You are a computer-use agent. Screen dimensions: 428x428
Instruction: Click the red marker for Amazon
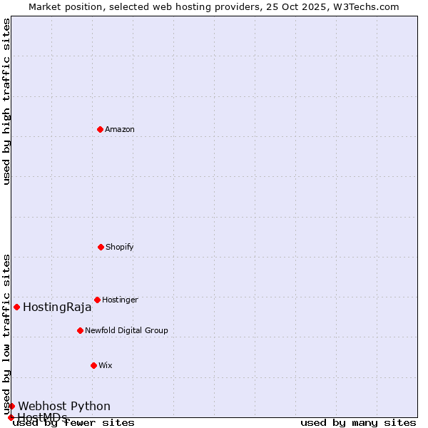[x=100, y=129]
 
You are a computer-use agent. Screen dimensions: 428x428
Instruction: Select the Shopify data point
[x=101, y=247]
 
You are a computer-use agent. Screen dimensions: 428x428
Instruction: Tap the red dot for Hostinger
[x=97, y=300]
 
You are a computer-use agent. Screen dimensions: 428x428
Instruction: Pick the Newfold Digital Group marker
[x=80, y=330]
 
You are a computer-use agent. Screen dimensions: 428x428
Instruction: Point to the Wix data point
[x=93, y=365]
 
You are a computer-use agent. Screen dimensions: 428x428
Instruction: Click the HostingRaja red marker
[x=16, y=307]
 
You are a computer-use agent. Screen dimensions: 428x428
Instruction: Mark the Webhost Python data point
[x=11, y=406]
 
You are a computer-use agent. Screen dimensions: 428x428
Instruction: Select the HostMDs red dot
[x=11, y=417]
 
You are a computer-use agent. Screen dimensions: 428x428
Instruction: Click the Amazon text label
[x=120, y=130]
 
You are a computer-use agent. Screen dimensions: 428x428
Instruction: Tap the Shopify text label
[x=120, y=248]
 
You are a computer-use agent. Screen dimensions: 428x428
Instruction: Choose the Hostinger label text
[x=120, y=300]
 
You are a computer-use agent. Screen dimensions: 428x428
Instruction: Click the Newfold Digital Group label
[x=126, y=331]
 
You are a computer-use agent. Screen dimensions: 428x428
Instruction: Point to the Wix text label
[x=106, y=366]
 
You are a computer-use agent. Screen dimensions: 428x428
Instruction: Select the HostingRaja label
[x=57, y=307]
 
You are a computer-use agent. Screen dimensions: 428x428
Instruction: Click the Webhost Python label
[x=64, y=407]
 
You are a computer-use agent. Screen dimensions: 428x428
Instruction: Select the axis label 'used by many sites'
[x=358, y=423]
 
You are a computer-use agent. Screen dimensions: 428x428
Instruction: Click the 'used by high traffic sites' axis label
[x=6, y=102]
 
